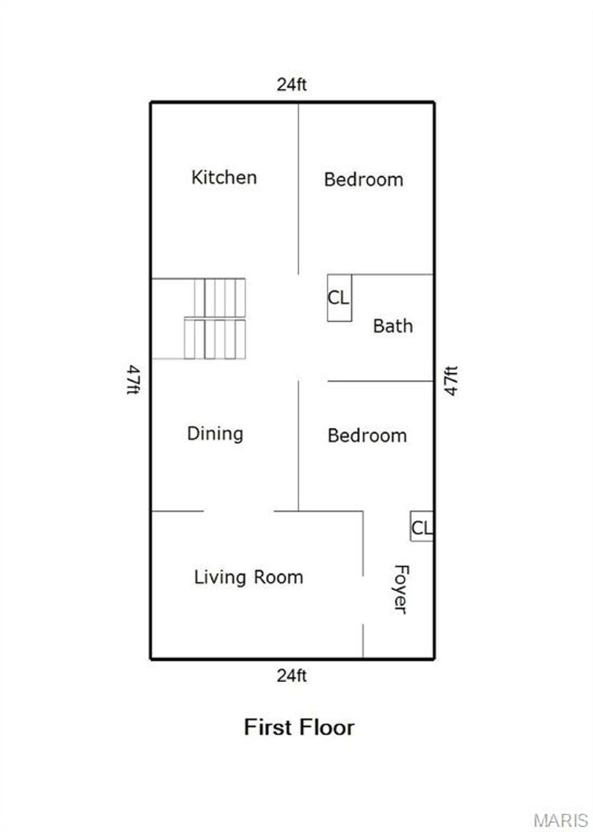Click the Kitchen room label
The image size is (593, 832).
point(224,177)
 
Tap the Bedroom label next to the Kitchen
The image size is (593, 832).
point(364,180)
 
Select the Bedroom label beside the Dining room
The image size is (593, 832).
point(367,436)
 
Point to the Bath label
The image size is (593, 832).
point(393,326)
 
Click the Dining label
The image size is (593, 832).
point(215,434)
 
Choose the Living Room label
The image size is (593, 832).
point(248,577)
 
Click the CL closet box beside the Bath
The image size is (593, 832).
point(339,298)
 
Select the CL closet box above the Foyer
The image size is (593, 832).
point(422,527)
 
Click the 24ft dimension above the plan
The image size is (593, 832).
point(291,85)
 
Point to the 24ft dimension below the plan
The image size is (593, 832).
point(291,676)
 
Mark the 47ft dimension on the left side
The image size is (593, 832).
point(133,380)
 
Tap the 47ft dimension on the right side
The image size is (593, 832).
point(452,381)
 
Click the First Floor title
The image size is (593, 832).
point(299,727)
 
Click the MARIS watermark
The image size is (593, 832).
point(560,820)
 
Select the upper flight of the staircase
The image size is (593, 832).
point(219,297)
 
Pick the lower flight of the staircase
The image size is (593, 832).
point(215,339)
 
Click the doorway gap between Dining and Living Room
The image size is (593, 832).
point(239,511)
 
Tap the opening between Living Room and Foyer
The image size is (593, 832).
point(363,600)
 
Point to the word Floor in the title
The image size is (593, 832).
point(327,727)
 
